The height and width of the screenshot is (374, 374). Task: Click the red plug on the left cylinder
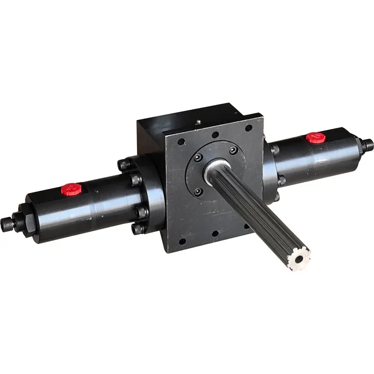72,189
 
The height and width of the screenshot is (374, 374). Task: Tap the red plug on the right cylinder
316,137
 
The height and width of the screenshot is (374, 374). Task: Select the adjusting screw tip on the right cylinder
369,142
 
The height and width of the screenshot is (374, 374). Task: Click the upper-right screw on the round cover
233,150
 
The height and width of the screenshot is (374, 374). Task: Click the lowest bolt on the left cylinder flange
136,229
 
